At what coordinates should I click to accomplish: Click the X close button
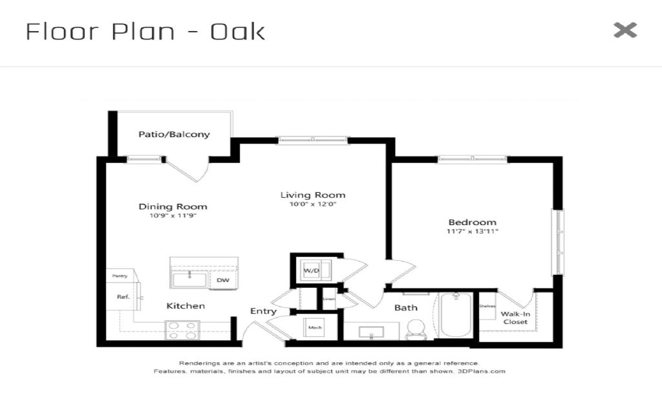pyautogui.click(x=625, y=30)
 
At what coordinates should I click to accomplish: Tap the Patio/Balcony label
pyautogui.click(x=174, y=135)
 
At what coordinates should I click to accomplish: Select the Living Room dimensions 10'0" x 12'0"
pyautogui.click(x=312, y=204)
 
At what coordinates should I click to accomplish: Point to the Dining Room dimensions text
pyautogui.click(x=173, y=216)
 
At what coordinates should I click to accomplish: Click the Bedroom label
pyautogui.click(x=472, y=223)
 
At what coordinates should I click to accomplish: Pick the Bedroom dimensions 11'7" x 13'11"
pyautogui.click(x=472, y=232)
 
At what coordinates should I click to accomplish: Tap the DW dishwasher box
pyautogui.click(x=223, y=280)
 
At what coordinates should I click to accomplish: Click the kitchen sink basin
pyautogui.click(x=189, y=279)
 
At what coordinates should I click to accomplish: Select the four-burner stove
pyautogui.click(x=182, y=331)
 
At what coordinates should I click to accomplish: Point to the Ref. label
pyautogui.click(x=123, y=297)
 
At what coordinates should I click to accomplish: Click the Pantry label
pyautogui.click(x=120, y=276)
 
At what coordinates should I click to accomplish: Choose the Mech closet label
pyautogui.click(x=315, y=327)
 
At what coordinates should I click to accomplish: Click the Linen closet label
pyautogui.click(x=329, y=299)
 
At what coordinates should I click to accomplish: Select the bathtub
pyautogui.click(x=456, y=315)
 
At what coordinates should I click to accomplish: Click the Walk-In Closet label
pyautogui.click(x=515, y=318)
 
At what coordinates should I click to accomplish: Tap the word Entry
pyautogui.click(x=264, y=311)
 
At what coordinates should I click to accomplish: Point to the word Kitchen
pyautogui.click(x=186, y=306)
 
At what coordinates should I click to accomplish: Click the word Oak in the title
pyautogui.click(x=238, y=32)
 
